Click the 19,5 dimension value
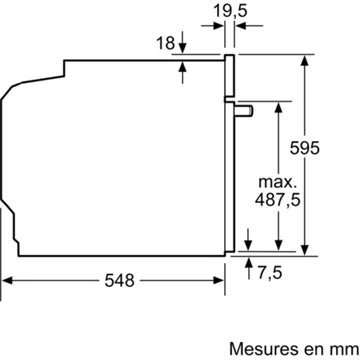pyautogui.click(x=236, y=11)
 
